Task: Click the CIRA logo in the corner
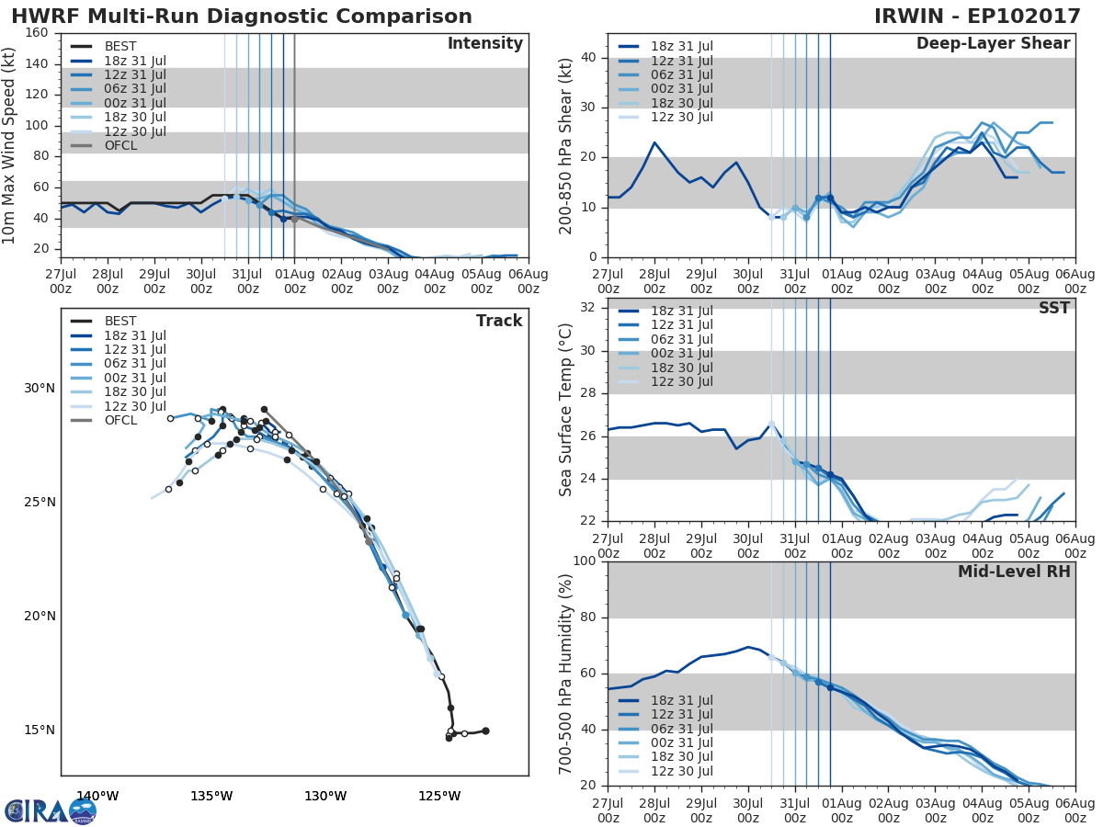coord(51,810)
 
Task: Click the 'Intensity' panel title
coord(484,44)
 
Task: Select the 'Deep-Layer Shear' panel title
coord(993,44)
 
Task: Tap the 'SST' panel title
coord(1053,309)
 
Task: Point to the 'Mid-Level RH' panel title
coord(1014,572)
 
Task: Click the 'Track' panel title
coord(499,321)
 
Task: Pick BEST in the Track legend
coord(121,322)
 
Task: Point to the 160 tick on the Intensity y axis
coord(37,33)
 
